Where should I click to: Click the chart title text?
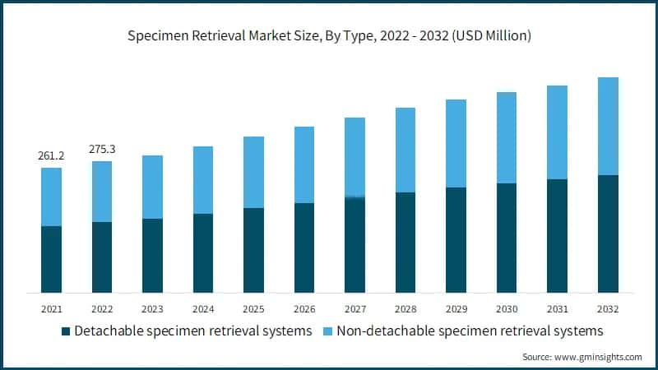coord(329,36)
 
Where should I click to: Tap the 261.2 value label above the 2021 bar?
coord(51,155)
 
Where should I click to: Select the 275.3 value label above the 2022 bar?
coord(102,149)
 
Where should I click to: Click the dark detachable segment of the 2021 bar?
coord(51,259)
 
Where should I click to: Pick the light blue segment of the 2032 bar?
coord(607,126)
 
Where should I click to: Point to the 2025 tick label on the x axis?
coord(253,309)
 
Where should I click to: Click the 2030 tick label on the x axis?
coord(506,309)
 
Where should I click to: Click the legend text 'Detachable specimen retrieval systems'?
coord(192,331)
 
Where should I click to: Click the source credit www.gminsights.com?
coord(582,357)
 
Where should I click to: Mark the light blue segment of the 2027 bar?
coord(354,157)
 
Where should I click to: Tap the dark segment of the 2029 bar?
coord(456,239)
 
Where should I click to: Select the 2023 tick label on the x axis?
coord(152,309)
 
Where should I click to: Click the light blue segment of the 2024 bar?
coord(203,180)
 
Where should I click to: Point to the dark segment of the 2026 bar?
coord(304,247)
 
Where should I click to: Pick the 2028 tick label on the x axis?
coord(405,309)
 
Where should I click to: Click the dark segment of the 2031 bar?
coord(557,235)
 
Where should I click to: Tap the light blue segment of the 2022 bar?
coord(102,192)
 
